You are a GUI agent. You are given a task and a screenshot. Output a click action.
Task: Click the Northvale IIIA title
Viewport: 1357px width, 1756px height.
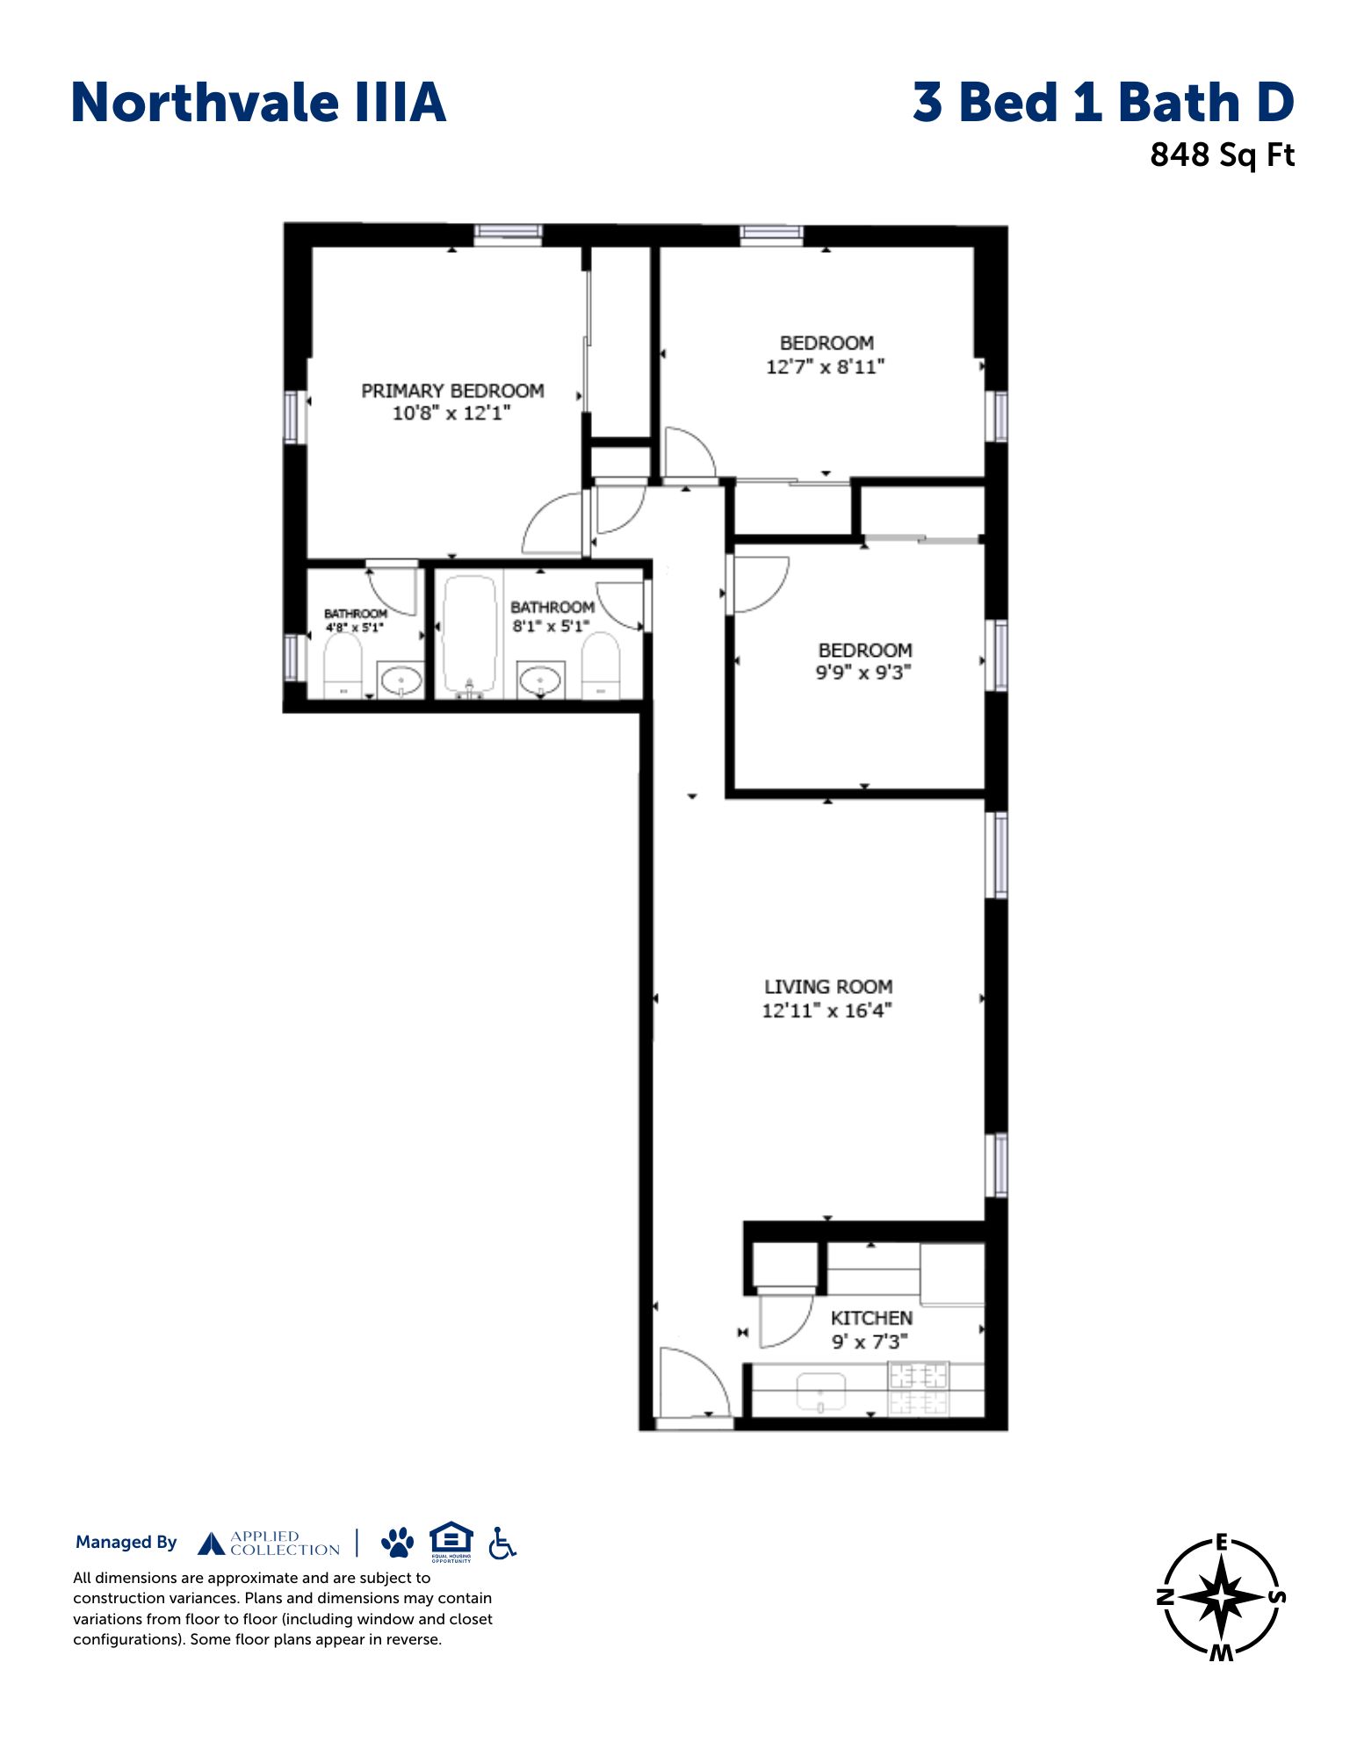tap(258, 103)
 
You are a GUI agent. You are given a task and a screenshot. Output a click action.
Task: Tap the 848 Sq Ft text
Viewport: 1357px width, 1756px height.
tap(1222, 155)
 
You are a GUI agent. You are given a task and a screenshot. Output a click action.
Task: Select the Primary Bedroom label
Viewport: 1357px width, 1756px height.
tap(452, 391)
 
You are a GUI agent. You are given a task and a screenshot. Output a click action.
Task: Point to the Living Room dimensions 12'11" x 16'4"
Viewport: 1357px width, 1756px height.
tap(826, 1011)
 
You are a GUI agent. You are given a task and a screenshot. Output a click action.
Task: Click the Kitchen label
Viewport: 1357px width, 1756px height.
tap(871, 1318)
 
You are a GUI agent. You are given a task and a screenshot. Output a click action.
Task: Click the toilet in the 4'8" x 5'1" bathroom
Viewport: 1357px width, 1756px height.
tap(343, 665)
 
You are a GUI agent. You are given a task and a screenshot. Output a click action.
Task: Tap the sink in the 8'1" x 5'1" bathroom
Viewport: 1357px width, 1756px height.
tap(539, 680)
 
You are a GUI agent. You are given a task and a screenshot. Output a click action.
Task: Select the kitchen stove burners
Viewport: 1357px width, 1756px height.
tap(919, 1388)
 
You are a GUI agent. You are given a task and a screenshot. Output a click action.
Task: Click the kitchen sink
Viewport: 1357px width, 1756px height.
tap(820, 1393)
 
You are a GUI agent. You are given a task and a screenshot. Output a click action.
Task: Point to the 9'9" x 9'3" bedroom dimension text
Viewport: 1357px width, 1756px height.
tap(863, 673)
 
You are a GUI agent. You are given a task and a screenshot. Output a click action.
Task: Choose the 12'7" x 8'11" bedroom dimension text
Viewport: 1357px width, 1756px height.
tap(825, 367)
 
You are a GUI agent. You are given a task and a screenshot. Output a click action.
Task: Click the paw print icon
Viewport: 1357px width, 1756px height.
tap(398, 1543)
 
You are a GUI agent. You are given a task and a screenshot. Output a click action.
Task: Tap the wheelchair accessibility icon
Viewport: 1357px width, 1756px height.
tap(502, 1543)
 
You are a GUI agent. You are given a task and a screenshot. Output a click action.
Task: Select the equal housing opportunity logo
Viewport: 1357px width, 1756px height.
tap(451, 1542)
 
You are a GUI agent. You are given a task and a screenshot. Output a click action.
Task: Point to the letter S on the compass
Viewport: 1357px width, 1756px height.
tap(1277, 1597)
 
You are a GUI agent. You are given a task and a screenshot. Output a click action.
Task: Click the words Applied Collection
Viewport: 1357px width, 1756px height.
tap(285, 1544)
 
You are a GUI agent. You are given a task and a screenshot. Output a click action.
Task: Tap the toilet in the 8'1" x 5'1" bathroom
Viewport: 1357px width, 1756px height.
tap(601, 666)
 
